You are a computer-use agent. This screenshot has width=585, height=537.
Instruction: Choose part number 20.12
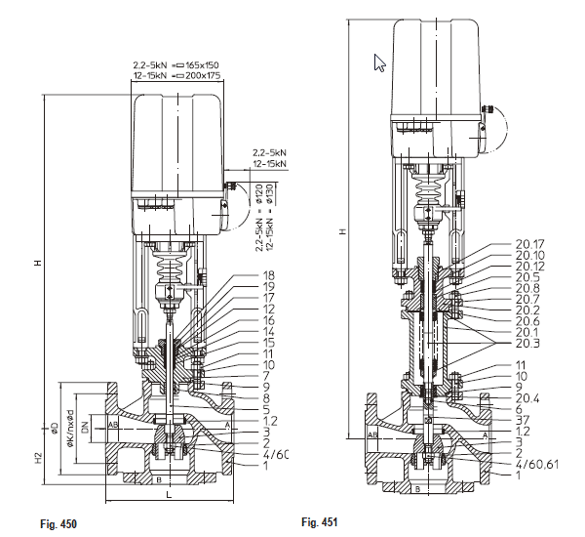tap(530, 266)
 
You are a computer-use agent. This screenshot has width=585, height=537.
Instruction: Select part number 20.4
tap(526, 398)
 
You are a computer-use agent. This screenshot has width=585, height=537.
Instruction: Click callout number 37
tap(523, 421)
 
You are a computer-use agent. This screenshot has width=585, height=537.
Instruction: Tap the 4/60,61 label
tap(536, 464)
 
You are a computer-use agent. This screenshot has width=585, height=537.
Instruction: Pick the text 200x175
tap(204, 74)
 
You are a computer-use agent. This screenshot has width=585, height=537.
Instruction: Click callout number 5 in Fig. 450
tap(265, 409)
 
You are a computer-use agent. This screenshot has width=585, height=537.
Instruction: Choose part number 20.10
tap(530, 255)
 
